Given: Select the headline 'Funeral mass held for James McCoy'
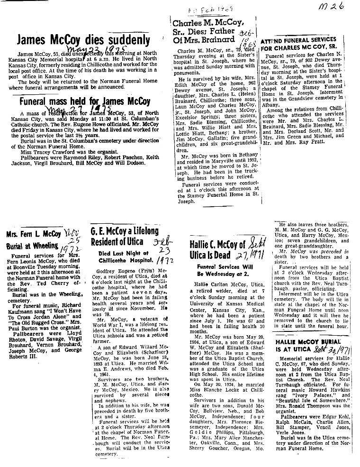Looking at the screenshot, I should (85, 101).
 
